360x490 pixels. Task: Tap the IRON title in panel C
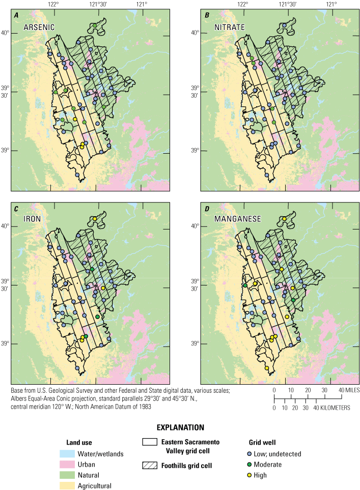tap(29, 219)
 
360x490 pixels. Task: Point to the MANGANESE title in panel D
tap(230, 219)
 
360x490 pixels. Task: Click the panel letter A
tap(16, 15)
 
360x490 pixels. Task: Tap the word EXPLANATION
tap(180, 427)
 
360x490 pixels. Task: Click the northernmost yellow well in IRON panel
tap(95, 219)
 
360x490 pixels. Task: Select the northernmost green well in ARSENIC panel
tap(95, 25)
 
